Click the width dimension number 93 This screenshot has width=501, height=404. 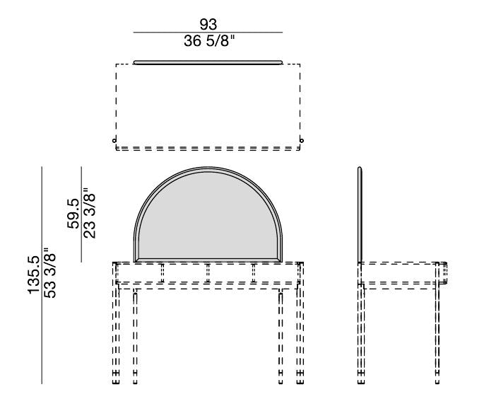pos(208,24)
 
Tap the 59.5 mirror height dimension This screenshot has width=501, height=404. pos(73,213)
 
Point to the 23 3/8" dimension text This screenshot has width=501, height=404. pos(90,213)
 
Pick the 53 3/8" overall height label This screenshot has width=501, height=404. pos(50,272)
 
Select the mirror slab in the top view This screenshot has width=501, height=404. pos(208,62)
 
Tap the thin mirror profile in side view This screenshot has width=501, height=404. pos(360,212)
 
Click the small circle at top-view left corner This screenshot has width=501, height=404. pos(114,141)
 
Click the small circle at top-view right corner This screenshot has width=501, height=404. pos(302,141)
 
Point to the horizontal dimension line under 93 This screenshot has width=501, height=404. pos(208,33)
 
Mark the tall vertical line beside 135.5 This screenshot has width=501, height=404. pos(42,276)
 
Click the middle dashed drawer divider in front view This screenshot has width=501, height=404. pos(208,272)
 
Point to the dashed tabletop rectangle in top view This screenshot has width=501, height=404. pos(208,106)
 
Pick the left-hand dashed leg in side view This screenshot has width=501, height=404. pos(362,333)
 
